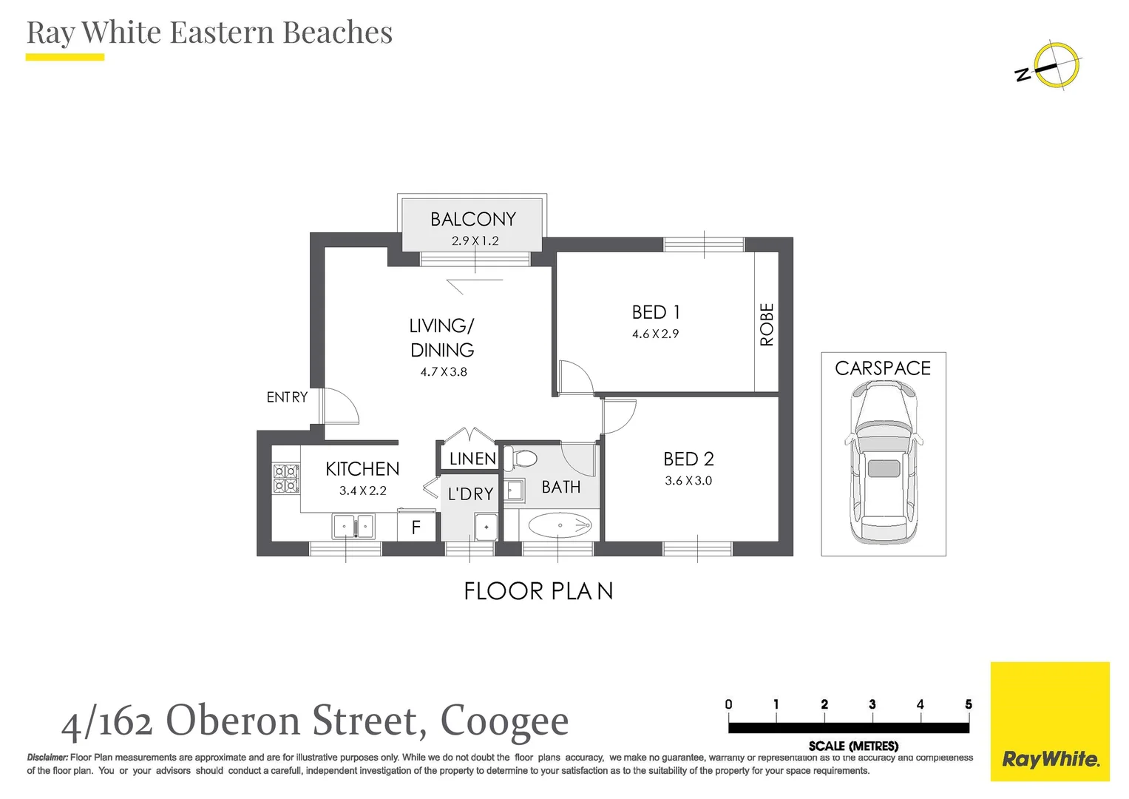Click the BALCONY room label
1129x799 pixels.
[472, 219]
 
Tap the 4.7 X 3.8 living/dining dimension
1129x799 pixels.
[444, 372]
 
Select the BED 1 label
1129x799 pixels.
[655, 312]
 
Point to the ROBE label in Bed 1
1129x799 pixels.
[767, 324]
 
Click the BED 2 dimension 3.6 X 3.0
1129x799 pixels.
[688, 481]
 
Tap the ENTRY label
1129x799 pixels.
[287, 397]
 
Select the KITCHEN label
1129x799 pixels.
[362, 469]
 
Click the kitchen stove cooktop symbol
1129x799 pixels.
[285, 479]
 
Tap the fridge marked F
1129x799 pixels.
[416, 527]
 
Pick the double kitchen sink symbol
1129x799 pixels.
[354, 527]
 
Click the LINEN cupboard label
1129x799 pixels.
[472, 459]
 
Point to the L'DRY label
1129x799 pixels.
[470, 494]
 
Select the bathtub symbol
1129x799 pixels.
[560, 526]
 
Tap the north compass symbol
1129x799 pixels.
[1055, 66]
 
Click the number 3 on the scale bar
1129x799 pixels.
[872, 704]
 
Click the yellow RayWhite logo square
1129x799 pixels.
[1049, 721]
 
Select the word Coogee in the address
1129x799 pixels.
[504, 721]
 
